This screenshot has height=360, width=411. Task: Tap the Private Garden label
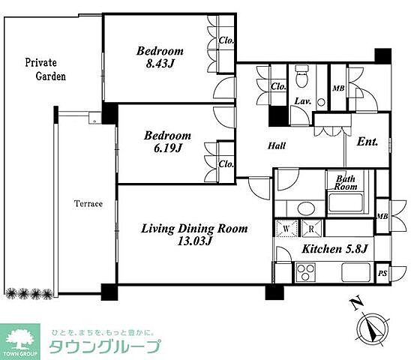click(x=45, y=70)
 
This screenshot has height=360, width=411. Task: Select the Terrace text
click(x=88, y=204)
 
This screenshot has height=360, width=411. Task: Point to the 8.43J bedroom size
click(x=160, y=64)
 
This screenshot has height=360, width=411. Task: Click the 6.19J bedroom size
click(x=168, y=148)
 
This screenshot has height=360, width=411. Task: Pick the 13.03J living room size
click(x=194, y=241)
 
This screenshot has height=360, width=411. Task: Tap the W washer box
click(x=286, y=229)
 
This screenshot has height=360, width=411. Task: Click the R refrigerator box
click(x=311, y=229)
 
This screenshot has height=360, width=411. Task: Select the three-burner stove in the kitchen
click(x=305, y=272)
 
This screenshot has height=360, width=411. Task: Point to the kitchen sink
click(x=356, y=272)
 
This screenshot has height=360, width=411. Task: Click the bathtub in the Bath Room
click(x=346, y=202)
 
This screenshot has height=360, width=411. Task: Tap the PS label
click(x=382, y=274)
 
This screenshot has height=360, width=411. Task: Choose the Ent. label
click(x=367, y=142)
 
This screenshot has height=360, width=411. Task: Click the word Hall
click(x=277, y=145)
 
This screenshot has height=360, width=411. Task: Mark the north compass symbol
click(x=373, y=328)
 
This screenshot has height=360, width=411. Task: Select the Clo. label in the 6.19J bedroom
click(x=226, y=164)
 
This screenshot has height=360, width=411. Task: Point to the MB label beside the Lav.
click(x=338, y=88)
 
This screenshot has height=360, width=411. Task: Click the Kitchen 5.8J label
click(x=334, y=249)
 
